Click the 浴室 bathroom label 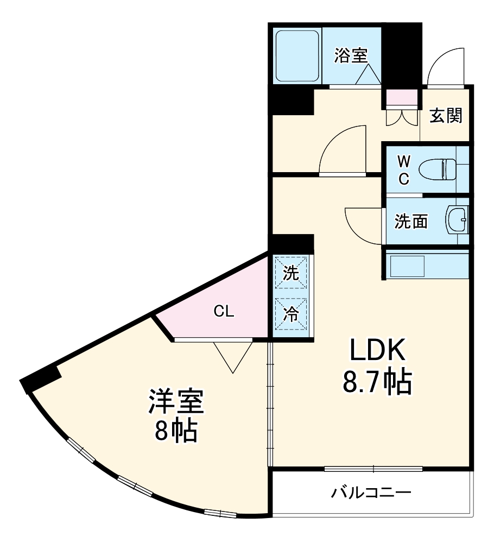(x=351, y=55)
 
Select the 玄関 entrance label (x=446, y=115)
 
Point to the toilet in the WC (x=445, y=168)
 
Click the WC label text (x=403, y=170)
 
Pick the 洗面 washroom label (x=411, y=221)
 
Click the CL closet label (x=223, y=312)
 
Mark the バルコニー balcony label (x=371, y=493)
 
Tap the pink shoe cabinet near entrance (x=402, y=98)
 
